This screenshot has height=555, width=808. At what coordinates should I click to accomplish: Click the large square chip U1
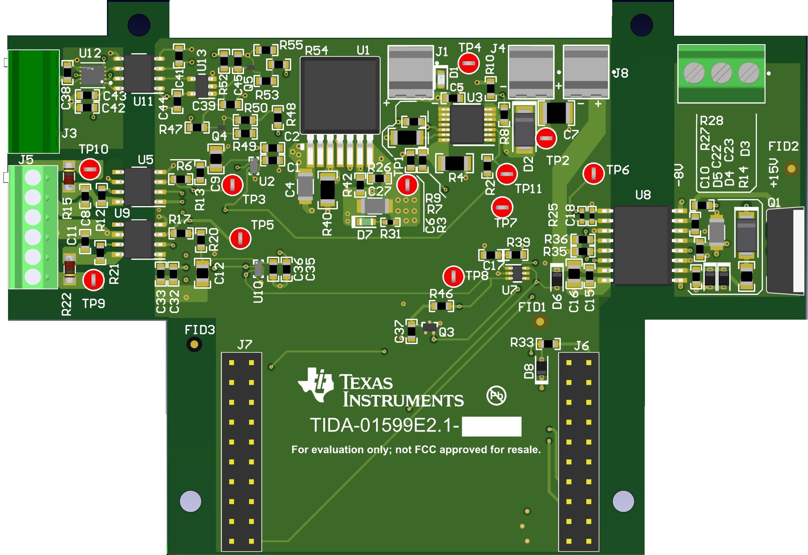(340, 95)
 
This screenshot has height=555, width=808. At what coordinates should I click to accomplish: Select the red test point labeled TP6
(593, 173)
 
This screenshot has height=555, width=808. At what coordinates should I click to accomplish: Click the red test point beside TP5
(240, 238)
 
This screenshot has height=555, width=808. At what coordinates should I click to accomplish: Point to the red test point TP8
(453, 276)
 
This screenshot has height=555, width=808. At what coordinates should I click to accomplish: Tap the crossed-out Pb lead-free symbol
(496, 395)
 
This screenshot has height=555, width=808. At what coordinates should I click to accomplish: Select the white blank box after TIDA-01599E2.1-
(491, 426)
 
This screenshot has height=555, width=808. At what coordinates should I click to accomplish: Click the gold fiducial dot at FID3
(194, 344)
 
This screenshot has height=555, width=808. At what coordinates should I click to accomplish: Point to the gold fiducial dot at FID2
(791, 169)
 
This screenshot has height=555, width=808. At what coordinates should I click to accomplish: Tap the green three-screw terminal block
(721, 74)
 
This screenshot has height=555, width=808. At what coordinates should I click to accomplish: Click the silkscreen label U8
(643, 195)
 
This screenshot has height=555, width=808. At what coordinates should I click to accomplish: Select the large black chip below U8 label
(643, 245)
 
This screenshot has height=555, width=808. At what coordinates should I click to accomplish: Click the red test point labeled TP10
(90, 169)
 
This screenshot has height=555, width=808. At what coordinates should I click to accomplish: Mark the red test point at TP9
(93, 280)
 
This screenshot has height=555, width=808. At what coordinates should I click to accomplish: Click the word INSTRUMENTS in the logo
(403, 400)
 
